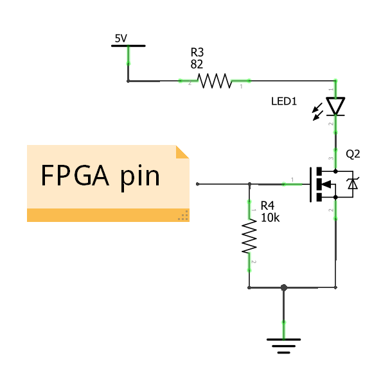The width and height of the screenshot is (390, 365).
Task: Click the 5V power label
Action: click(x=121, y=38)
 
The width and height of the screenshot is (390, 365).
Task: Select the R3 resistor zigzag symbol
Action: click(x=214, y=81)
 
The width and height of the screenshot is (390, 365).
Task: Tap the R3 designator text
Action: click(x=198, y=52)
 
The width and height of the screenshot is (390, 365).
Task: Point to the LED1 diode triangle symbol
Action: click(x=335, y=105)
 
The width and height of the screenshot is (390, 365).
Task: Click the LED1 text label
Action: click(x=284, y=101)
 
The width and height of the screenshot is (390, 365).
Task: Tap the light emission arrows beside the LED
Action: click(x=317, y=114)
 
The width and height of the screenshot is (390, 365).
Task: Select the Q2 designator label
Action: click(x=353, y=154)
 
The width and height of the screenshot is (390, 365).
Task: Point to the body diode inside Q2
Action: click(x=351, y=185)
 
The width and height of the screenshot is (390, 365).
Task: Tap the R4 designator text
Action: click(x=267, y=206)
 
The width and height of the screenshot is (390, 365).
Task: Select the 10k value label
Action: click(x=270, y=217)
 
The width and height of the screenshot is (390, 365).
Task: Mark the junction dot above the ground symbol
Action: click(x=284, y=288)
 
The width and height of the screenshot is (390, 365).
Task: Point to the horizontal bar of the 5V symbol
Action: click(x=128, y=46)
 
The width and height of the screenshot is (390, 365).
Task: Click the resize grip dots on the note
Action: click(x=183, y=216)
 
